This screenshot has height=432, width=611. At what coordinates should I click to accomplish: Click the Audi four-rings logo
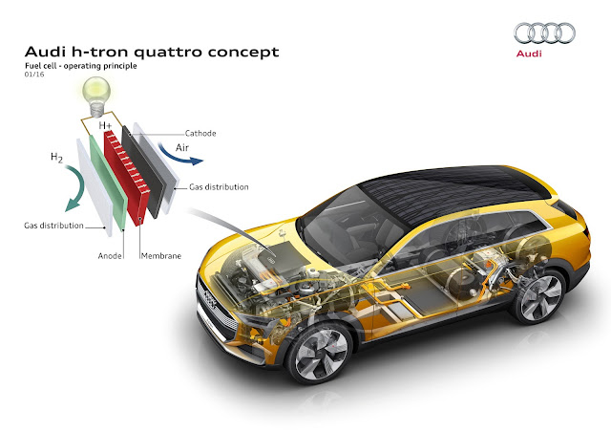click(545, 34)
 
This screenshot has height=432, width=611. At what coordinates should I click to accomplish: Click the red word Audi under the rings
click(545, 57)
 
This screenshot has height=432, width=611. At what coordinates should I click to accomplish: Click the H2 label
click(58, 159)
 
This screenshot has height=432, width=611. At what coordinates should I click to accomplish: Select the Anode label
click(112, 255)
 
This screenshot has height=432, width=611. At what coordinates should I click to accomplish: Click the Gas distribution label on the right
click(218, 187)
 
